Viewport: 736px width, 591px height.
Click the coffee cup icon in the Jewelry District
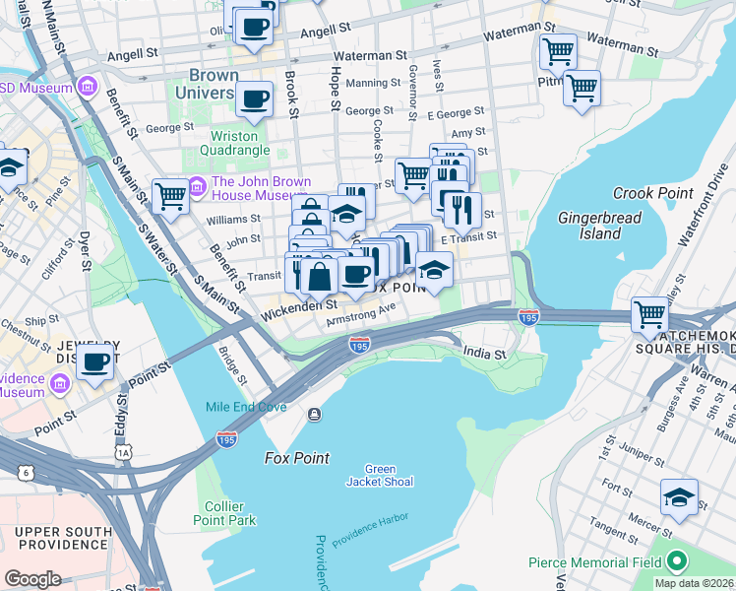point(95,362)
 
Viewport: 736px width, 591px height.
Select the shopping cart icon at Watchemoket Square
point(650,316)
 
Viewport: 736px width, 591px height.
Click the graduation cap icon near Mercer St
point(679,497)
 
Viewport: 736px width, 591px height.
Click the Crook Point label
point(653,193)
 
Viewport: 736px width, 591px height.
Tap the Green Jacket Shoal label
point(380,475)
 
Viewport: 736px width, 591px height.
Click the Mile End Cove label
point(245,407)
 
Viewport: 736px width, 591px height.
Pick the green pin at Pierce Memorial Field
point(676,562)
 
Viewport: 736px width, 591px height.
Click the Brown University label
point(207,84)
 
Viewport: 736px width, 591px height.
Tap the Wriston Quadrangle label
point(234,143)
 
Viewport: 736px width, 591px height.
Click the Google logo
point(32,578)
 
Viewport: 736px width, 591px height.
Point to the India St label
point(485,354)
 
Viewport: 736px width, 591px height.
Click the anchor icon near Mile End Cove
point(314,414)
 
